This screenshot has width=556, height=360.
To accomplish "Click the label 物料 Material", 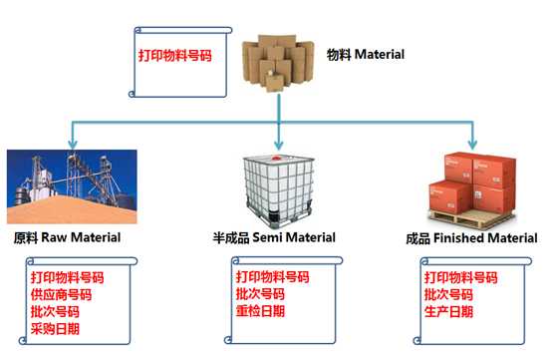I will pyautogui.click(x=366, y=54).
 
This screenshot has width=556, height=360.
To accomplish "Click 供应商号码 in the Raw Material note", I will pyautogui.click(x=67, y=294).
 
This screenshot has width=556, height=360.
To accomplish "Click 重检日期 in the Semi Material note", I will pyautogui.click(x=260, y=311).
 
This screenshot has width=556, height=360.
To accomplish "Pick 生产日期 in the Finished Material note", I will pyautogui.click(x=448, y=311).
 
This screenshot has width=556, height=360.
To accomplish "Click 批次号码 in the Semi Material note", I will pyautogui.click(x=260, y=294).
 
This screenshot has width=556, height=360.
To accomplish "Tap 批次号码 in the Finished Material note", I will pyautogui.click(x=448, y=294).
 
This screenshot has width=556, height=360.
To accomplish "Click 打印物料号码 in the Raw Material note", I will pyautogui.click(x=67, y=277).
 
